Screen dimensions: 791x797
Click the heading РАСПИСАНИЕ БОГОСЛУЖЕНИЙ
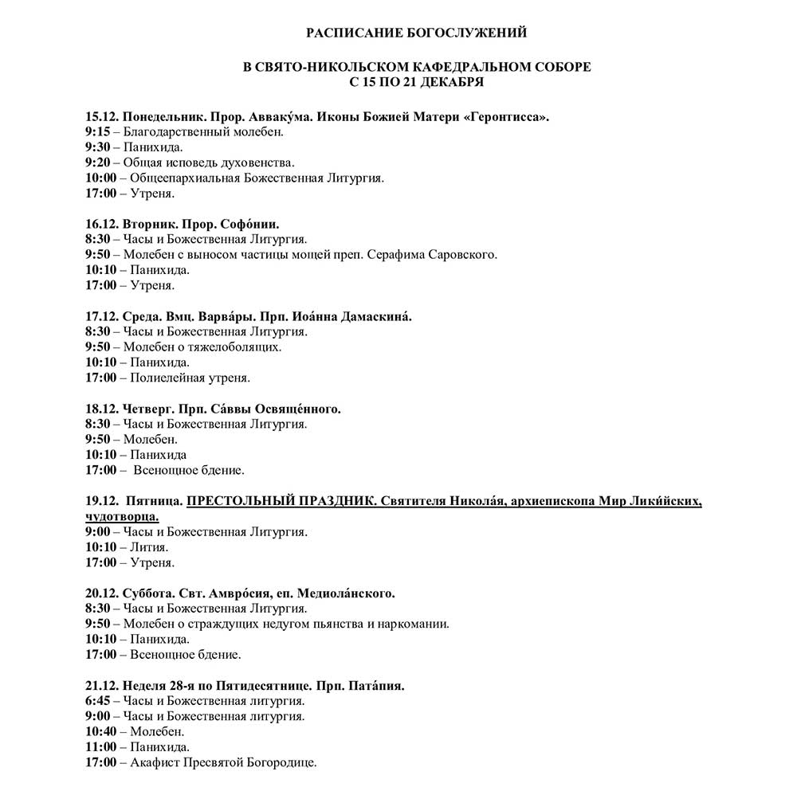tap(417, 33)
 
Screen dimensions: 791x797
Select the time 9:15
tap(96, 132)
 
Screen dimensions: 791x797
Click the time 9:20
tap(96, 163)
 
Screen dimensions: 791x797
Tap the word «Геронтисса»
tap(507, 117)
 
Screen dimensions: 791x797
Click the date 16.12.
tap(101, 224)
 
